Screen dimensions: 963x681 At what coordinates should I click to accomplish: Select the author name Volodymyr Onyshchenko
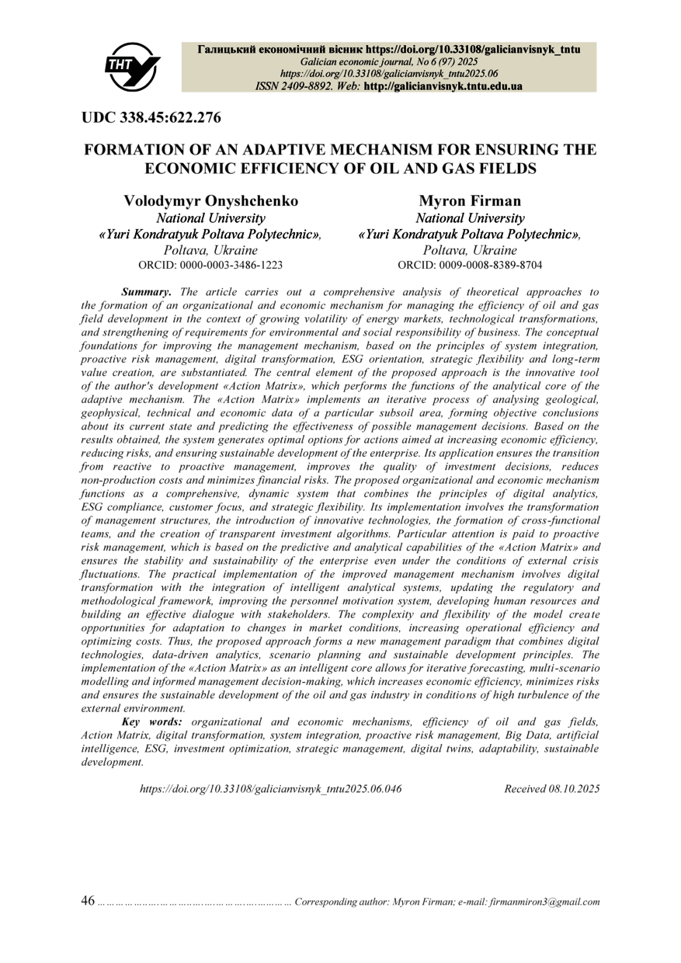pyautogui.click(x=211, y=200)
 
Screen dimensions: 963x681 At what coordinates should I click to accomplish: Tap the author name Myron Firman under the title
pyautogui.click(x=470, y=200)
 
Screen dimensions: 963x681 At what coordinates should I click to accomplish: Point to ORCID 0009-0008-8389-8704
pyautogui.click(x=470, y=265)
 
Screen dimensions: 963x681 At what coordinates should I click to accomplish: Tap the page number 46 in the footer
pyautogui.click(x=88, y=901)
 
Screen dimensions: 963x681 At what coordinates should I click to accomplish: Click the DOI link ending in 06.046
pyautogui.click(x=270, y=788)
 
